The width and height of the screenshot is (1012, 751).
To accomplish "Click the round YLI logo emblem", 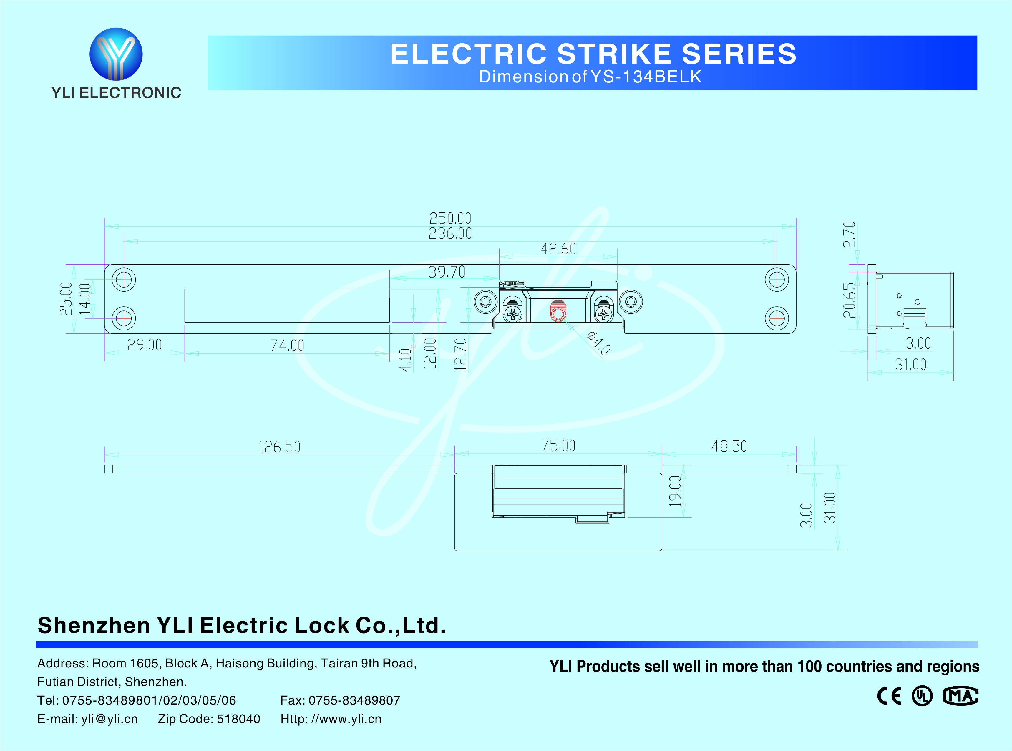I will tap(116, 54).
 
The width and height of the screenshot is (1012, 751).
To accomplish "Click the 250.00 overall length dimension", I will tap(450, 218).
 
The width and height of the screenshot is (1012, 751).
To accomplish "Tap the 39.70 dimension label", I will tap(447, 272).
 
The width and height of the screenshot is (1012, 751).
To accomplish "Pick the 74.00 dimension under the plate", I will tap(287, 345).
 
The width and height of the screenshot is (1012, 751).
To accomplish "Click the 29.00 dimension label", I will tap(145, 345).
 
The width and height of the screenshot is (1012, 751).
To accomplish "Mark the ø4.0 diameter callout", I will tap(598, 343).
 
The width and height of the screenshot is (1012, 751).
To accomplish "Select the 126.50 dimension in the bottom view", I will tap(279, 447).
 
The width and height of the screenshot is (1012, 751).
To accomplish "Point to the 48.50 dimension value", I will tap(729, 446).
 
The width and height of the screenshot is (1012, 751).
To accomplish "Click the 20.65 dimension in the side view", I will tap(849, 300).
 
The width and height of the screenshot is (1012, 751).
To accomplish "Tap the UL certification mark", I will tap(922, 696).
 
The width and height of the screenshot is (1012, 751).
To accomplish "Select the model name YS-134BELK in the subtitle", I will tap(646, 77).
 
